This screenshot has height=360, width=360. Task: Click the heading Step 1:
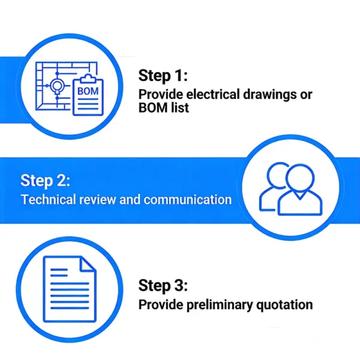[x=163, y=76]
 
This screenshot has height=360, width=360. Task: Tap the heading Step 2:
[x=45, y=181]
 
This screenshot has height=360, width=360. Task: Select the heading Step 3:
[x=163, y=286]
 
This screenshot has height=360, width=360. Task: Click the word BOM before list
[x=152, y=107]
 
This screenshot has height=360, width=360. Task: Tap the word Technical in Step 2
[x=49, y=199]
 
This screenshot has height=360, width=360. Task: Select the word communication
[x=188, y=200]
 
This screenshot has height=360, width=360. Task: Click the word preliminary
[x=220, y=305]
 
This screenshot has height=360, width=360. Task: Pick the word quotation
[x=284, y=305]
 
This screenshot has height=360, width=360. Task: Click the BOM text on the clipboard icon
[x=88, y=91]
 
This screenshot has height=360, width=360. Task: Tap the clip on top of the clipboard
[x=88, y=79]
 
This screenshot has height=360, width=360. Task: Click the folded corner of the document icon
[x=87, y=263]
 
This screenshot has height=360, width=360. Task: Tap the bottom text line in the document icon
[x=70, y=308]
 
